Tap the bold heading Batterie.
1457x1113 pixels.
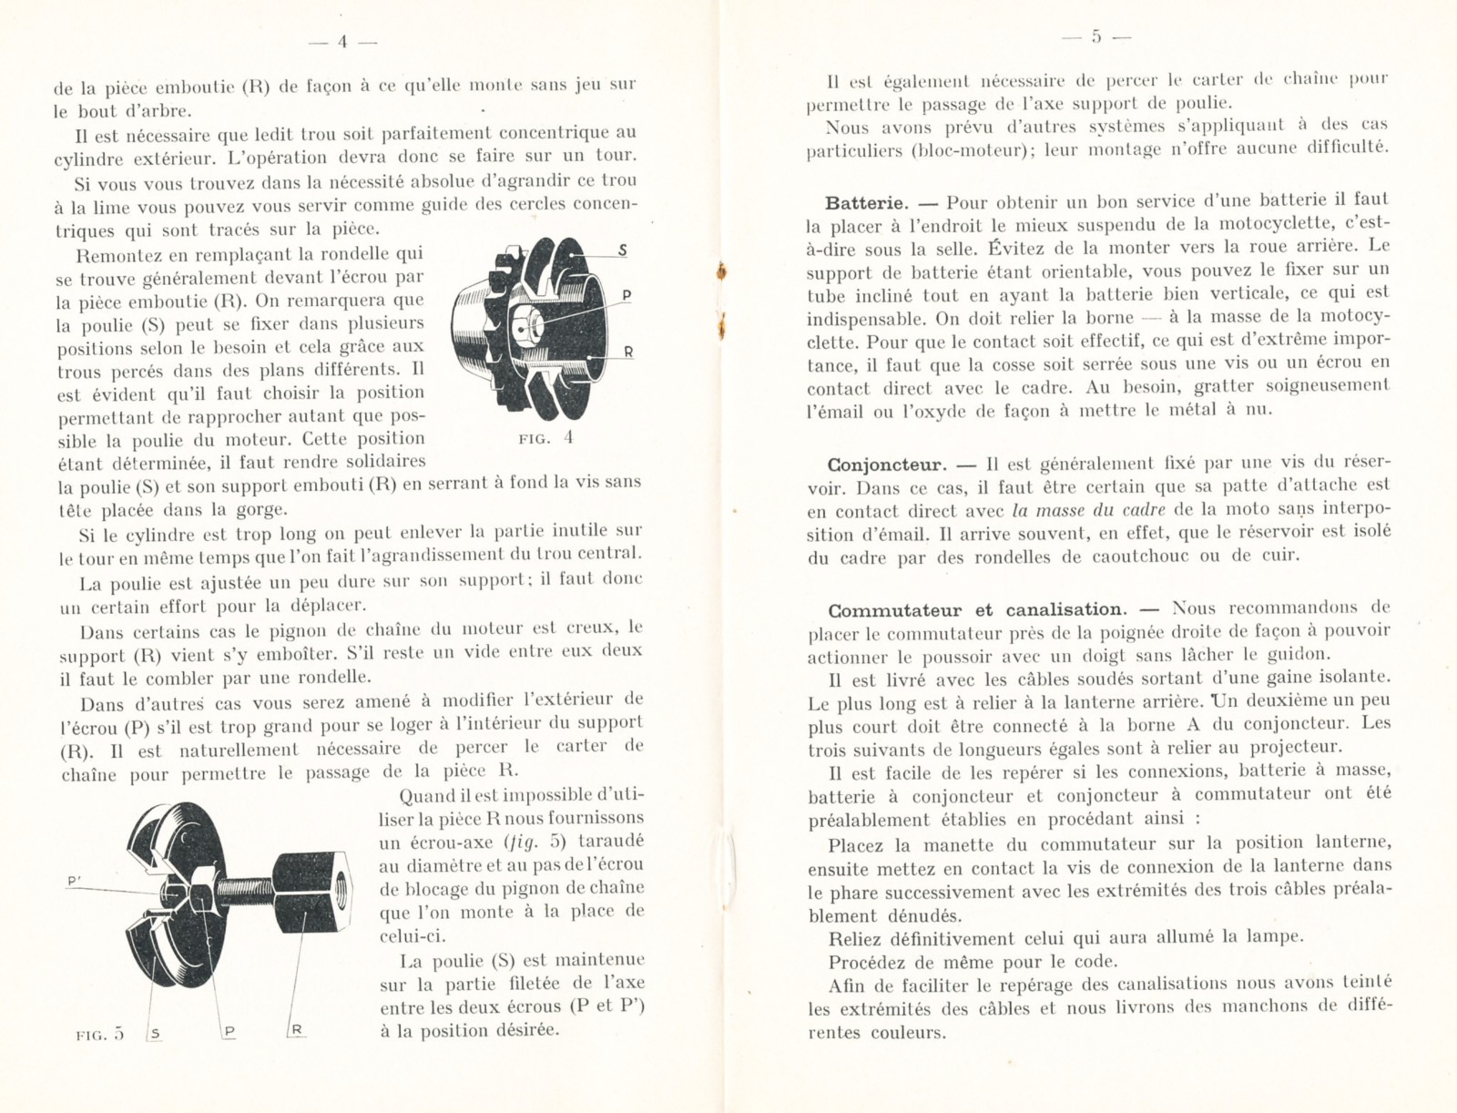(x=865, y=201)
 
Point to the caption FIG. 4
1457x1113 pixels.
(x=548, y=438)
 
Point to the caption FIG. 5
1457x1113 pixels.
(x=101, y=1034)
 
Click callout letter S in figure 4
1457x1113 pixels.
(x=623, y=251)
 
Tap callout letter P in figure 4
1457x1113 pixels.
(x=627, y=295)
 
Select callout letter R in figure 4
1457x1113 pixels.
(x=628, y=352)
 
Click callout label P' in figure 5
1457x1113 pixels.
(x=76, y=880)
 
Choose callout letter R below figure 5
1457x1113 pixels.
(x=298, y=1030)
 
